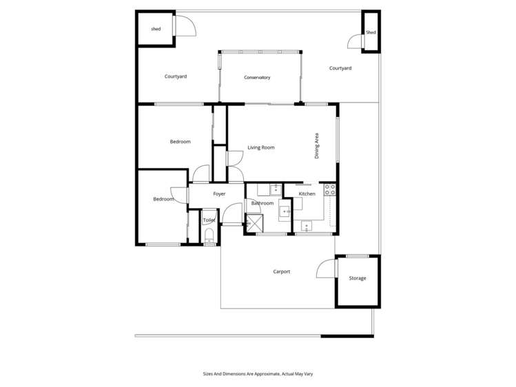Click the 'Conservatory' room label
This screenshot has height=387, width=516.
coord(257,77)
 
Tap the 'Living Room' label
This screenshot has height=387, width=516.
coord(261,147)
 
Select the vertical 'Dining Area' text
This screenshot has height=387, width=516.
coord(317,146)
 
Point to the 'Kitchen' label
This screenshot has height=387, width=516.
coord(307,194)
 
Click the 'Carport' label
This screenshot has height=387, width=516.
coord(281,272)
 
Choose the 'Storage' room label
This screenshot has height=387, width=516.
coord(357,278)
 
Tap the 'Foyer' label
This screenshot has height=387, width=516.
coord(219,194)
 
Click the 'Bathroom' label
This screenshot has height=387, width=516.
coord(262,203)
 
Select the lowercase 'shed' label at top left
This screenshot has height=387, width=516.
coord(156,29)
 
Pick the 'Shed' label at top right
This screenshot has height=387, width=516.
coord(371,32)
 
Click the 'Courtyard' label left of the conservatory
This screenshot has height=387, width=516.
coord(176,76)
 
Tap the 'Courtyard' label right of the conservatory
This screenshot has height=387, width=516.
coord(340,68)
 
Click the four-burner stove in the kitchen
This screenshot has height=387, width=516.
coord(329,189)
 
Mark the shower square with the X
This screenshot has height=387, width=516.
coord(255,222)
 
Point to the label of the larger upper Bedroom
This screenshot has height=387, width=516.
coord(180,142)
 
